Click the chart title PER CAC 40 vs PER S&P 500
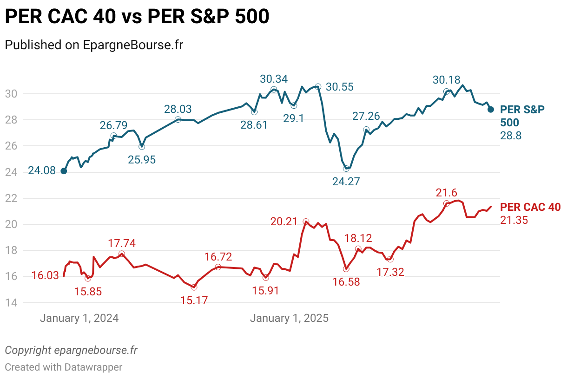click(137, 17)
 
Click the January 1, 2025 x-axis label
click(289, 318)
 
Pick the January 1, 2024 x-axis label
click(79, 318)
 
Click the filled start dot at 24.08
click(64, 171)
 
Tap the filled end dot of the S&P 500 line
click(491, 109)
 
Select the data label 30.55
click(339, 87)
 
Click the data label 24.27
click(346, 181)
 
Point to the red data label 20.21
click(284, 222)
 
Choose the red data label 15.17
click(194, 300)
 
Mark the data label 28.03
click(178, 109)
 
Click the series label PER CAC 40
click(530, 207)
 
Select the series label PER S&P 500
click(522, 116)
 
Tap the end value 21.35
click(514, 220)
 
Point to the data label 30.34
click(274, 79)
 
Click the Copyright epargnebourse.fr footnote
click(71, 350)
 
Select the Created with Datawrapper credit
click(64, 367)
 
